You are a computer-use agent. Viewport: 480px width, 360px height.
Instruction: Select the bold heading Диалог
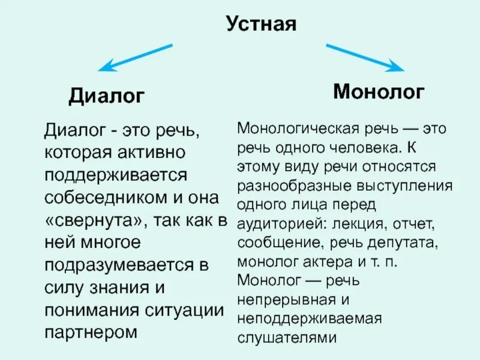106,95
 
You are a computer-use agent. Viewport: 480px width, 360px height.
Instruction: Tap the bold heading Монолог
379,92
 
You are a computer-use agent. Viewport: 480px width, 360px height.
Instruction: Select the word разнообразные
284,185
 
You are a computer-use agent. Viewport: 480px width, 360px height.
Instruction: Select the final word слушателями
284,337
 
